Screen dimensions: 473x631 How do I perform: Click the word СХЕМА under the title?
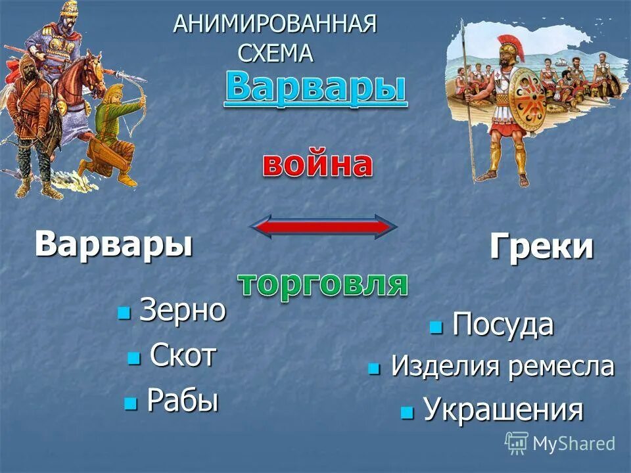coord(275,53)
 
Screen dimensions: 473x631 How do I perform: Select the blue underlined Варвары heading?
coord(315,89)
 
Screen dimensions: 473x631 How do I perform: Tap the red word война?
coord(317,165)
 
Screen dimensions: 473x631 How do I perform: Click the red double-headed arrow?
coord(323,227)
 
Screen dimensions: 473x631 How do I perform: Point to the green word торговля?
coord(322,284)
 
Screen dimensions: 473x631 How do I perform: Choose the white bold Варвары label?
coord(114,244)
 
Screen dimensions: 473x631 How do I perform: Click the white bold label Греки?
coord(541,248)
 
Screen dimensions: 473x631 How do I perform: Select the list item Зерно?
coord(182,311)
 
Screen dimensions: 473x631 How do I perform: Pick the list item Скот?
coord(183,356)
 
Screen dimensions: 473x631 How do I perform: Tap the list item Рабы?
coord(182,400)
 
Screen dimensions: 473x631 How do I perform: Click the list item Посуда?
coord(502,325)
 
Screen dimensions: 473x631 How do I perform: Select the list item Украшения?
coord(503,410)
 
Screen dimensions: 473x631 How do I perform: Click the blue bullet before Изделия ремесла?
coord(375,368)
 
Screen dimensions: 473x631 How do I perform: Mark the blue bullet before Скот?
coord(134,358)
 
